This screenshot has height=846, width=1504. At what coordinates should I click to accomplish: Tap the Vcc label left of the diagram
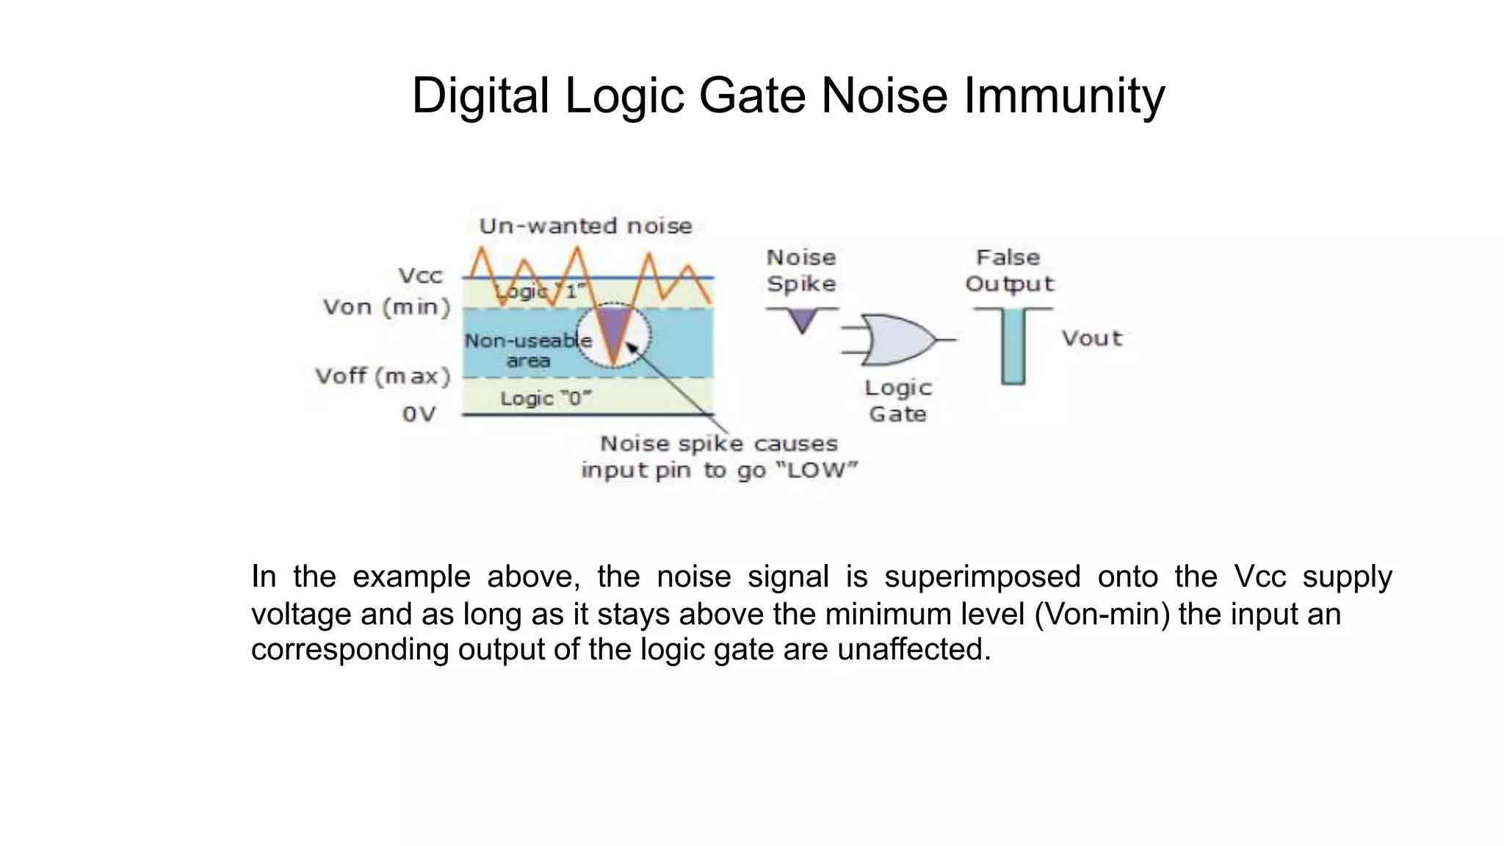coord(421,276)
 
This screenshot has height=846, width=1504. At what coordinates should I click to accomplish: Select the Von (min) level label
coord(386,307)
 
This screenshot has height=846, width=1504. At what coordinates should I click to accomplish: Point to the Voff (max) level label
coord(383,377)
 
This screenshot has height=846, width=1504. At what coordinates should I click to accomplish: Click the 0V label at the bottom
coord(419,414)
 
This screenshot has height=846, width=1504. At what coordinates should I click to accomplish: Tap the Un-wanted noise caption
coord(585,226)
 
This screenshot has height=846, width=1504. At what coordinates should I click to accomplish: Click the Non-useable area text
coord(528,350)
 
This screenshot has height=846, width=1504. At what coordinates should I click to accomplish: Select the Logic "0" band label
coord(546,399)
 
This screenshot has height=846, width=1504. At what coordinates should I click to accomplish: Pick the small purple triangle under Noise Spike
coord(803,319)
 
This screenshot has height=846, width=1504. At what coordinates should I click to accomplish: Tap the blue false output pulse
coord(1013,345)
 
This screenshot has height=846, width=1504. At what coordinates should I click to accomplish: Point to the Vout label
coord(1092,339)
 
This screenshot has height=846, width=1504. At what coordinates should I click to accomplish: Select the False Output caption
coord(1009,270)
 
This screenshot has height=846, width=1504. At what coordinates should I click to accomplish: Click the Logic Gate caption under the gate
coord(897,401)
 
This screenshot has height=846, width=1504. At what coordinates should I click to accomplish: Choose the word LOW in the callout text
coord(821,471)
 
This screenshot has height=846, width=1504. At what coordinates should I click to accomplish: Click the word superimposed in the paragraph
coord(982,576)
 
